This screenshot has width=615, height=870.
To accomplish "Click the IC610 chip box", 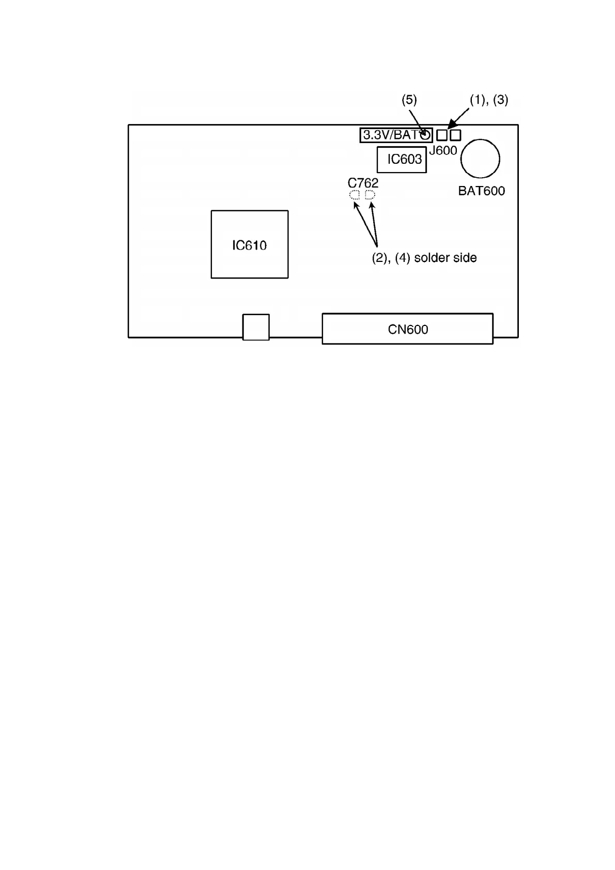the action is (249, 244).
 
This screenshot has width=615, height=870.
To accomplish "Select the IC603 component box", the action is (402, 159).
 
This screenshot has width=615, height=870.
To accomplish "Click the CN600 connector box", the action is (407, 329).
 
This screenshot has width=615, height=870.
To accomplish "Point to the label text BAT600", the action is (481, 191).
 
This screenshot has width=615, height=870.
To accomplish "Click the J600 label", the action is (443, 150).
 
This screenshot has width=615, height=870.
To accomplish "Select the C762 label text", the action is (363, 183).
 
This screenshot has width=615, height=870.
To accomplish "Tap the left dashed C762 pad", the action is (355, 195).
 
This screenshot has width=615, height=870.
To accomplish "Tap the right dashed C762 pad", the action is (370, 195).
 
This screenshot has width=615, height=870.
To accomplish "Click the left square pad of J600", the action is (442, 135).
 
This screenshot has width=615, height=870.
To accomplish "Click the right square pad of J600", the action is (455, 135).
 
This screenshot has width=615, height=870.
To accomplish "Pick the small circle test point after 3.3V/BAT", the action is (425, 135).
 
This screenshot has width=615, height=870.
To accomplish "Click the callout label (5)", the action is (409, 100).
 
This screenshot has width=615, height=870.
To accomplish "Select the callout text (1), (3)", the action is (489, 100).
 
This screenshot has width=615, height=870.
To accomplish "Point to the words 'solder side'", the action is (445, 258).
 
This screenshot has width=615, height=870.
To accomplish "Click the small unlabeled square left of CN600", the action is (256, 327).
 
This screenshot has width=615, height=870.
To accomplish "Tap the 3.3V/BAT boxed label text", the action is (391, 135).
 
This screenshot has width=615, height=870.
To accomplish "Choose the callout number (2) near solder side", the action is (380, 258).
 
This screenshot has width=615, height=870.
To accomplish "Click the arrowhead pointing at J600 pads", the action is (451, 125).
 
